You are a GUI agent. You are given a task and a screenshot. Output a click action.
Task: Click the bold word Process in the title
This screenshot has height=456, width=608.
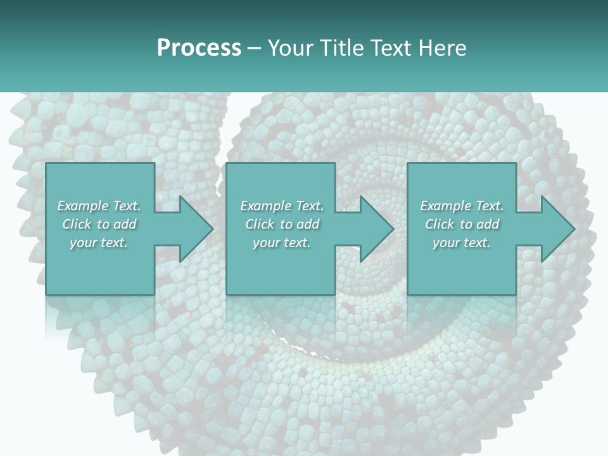199,48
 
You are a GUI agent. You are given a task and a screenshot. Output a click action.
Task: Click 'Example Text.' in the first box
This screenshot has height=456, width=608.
99,206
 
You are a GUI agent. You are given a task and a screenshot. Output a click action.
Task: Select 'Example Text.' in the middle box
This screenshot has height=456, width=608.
282,206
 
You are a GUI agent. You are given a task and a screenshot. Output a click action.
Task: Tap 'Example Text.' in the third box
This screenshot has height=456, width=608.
462,206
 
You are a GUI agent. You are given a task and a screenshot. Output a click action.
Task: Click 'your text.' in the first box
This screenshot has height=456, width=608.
99,243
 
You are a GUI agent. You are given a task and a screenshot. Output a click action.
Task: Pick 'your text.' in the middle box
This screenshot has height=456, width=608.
282,243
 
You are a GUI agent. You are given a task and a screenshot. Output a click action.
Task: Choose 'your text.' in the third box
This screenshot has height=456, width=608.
462,243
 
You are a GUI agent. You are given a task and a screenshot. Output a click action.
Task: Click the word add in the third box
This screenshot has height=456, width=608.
488,224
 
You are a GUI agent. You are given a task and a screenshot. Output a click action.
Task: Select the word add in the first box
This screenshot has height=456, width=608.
125,224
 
